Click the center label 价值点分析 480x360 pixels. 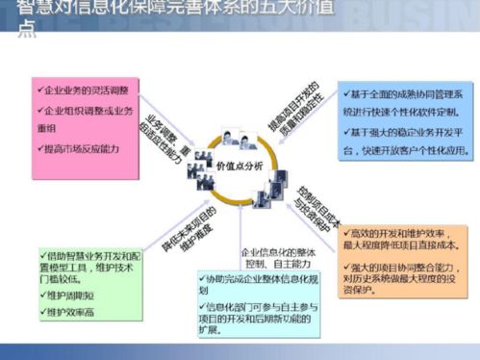click(x=240, y=165)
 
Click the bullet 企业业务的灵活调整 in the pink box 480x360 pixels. click(x=85, y=90)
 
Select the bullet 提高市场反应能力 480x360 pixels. click(x=80, y=149)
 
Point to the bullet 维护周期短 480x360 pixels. click(x=72, y=296)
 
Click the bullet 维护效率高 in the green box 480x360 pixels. click(x=72, y=312)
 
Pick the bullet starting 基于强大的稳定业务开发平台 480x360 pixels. click(x=404, y=142)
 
